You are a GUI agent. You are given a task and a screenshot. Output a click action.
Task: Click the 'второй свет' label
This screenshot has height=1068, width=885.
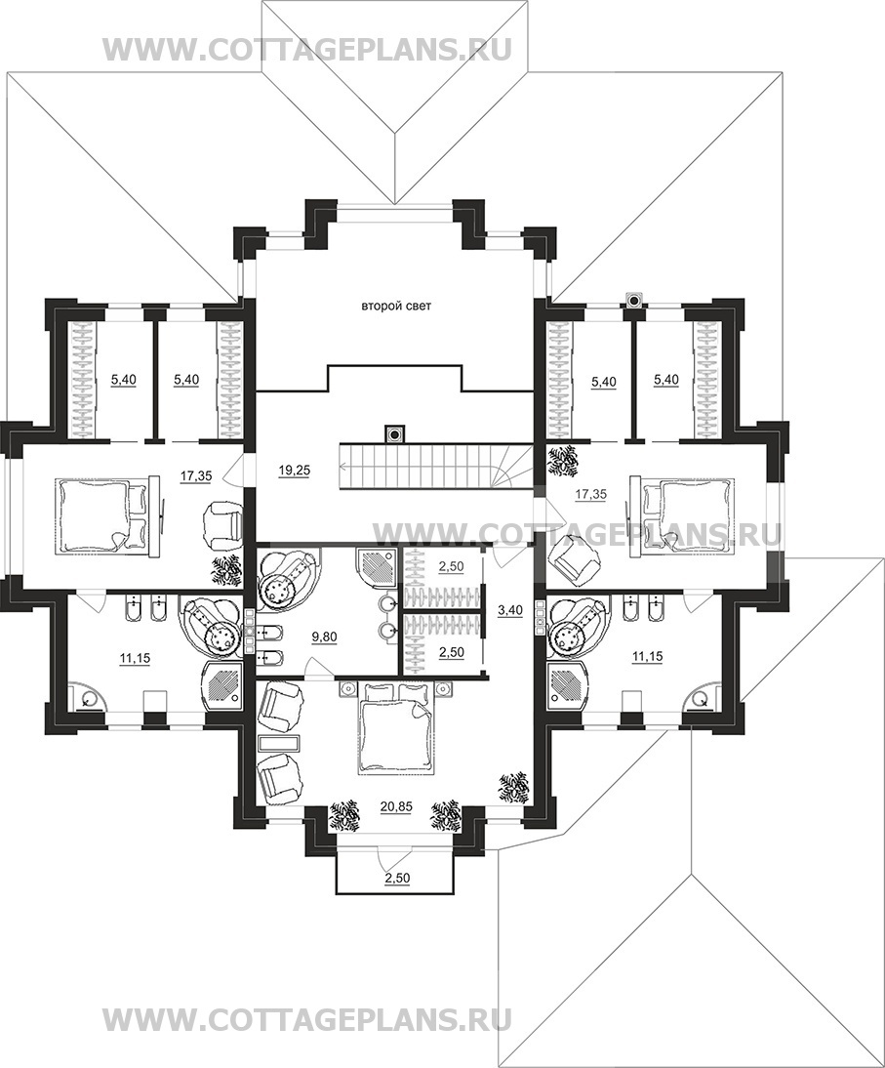[x=395, y=307]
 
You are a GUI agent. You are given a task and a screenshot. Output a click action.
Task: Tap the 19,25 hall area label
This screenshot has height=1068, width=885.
[x=294, y=470]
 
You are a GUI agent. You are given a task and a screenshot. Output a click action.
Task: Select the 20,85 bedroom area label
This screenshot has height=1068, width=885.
[x=395, y=806]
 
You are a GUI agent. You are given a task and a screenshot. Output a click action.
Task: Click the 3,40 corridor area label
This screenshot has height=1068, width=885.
[x=510, y=610]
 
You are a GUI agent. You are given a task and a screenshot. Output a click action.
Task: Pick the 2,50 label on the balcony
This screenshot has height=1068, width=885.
[x=397, y=878]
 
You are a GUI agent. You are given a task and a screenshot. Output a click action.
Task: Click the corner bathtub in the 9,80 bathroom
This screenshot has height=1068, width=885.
[x=285, y=578]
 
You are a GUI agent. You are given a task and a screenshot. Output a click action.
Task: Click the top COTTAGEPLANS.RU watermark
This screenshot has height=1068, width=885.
[x=306, y=50]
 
